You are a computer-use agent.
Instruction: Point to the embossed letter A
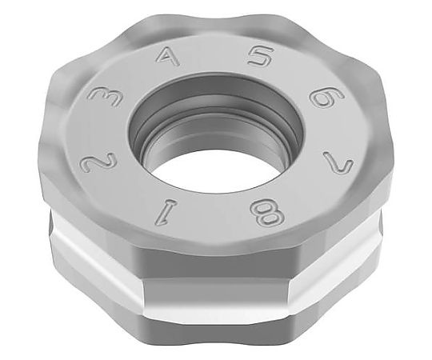click(x=167, y=57)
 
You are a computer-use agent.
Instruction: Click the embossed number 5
click(x=259, y=57)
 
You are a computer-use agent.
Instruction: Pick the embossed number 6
click(x=326, y=97)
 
